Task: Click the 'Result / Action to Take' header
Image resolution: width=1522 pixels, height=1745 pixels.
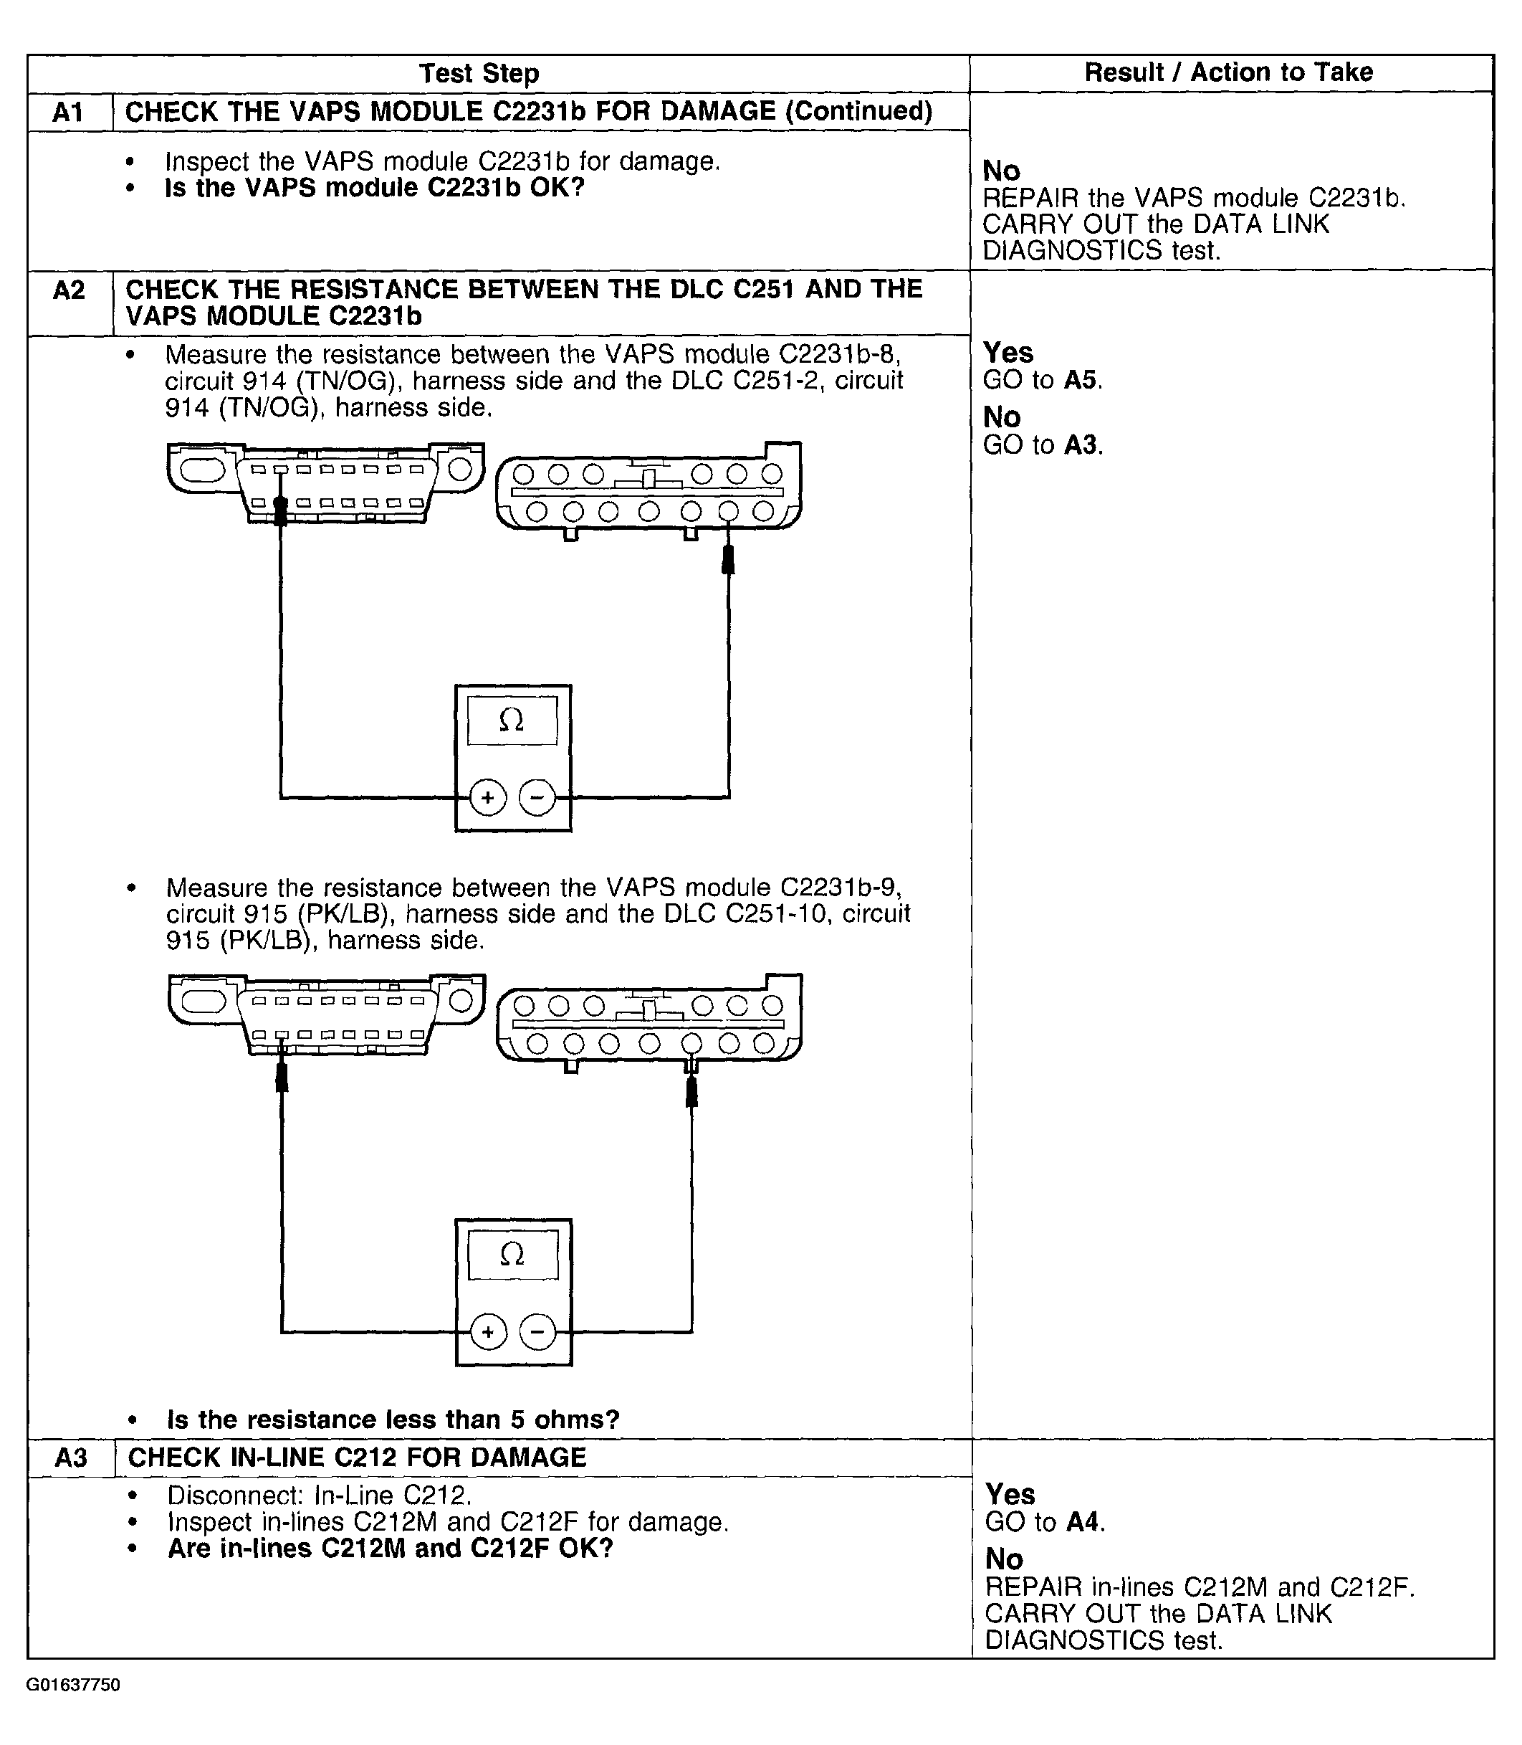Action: [1228, 72]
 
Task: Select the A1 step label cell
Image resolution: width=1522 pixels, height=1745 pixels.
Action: [69, 112]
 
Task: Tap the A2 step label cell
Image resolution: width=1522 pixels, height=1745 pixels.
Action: [69, 290]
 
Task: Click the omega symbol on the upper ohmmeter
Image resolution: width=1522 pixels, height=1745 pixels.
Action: [512, 721]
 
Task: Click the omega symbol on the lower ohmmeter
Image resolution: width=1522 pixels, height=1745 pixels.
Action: [512, 1254]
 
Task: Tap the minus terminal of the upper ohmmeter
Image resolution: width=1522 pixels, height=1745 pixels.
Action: [537, 798]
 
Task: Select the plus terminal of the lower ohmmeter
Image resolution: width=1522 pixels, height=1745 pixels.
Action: [489, 1332]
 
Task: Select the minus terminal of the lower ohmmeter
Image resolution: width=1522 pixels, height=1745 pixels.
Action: [537, 1332]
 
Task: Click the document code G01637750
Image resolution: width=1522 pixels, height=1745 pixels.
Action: [73, 1685]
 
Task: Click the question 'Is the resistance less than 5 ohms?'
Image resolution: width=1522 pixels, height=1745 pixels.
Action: [393, 1420]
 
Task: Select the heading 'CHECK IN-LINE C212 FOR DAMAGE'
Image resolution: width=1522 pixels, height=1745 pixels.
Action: [357, 1457]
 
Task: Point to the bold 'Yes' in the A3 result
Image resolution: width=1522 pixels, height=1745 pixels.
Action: [1010, 1493]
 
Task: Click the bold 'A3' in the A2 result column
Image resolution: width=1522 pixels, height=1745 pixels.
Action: [1081, 444]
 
